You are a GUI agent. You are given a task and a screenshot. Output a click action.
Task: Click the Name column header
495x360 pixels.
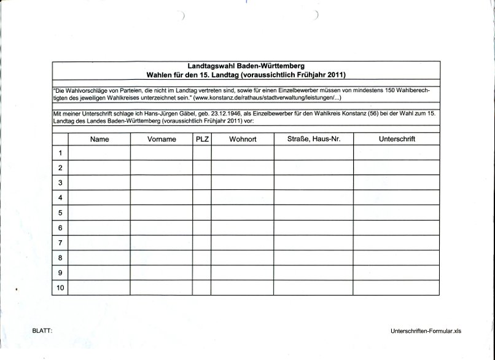pos(99,139)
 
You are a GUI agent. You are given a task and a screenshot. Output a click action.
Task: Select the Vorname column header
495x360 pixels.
pos(162,139)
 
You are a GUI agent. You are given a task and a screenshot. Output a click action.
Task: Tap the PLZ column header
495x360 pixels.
pos(202,139)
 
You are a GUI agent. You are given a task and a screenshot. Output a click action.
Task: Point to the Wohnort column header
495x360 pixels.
pos(243,139)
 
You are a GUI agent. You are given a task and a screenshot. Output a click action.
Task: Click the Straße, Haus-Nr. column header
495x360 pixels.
pos(313,139)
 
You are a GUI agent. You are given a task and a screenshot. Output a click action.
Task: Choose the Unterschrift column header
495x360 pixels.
pos(397,139)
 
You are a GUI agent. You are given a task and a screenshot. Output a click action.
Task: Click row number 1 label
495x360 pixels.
pos(60,153)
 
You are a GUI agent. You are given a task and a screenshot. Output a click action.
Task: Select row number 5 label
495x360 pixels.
pos(60,213)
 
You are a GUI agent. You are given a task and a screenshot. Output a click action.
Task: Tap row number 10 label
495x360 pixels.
pos(60,288)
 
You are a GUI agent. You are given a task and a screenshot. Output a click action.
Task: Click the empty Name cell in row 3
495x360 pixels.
pos(99,183)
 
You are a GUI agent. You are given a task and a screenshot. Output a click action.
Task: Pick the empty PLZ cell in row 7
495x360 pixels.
pos(202,243)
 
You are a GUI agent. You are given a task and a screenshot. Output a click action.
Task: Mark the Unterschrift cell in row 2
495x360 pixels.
pos(397,168)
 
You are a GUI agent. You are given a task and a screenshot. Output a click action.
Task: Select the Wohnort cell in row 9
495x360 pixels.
pos(243,273)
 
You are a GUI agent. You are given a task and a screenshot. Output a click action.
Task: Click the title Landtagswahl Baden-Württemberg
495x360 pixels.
pos(246,66)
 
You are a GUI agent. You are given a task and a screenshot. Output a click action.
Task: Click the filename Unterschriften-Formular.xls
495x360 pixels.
pos(425,331)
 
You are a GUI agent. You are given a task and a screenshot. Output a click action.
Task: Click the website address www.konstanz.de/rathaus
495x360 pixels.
pos(264,98)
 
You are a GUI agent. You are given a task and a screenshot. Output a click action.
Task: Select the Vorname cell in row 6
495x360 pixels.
pos(162,228)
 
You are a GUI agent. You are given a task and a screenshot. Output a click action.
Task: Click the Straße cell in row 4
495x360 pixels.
pos(313,198)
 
